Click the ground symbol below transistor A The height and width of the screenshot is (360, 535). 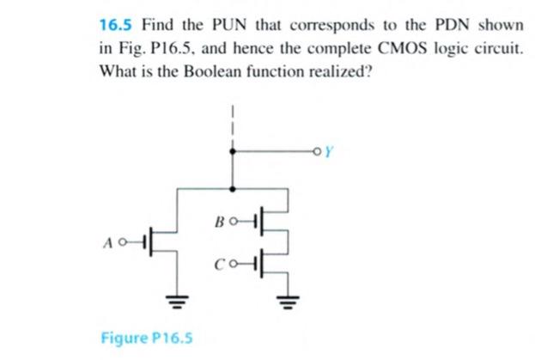click(x=178, y=301)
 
